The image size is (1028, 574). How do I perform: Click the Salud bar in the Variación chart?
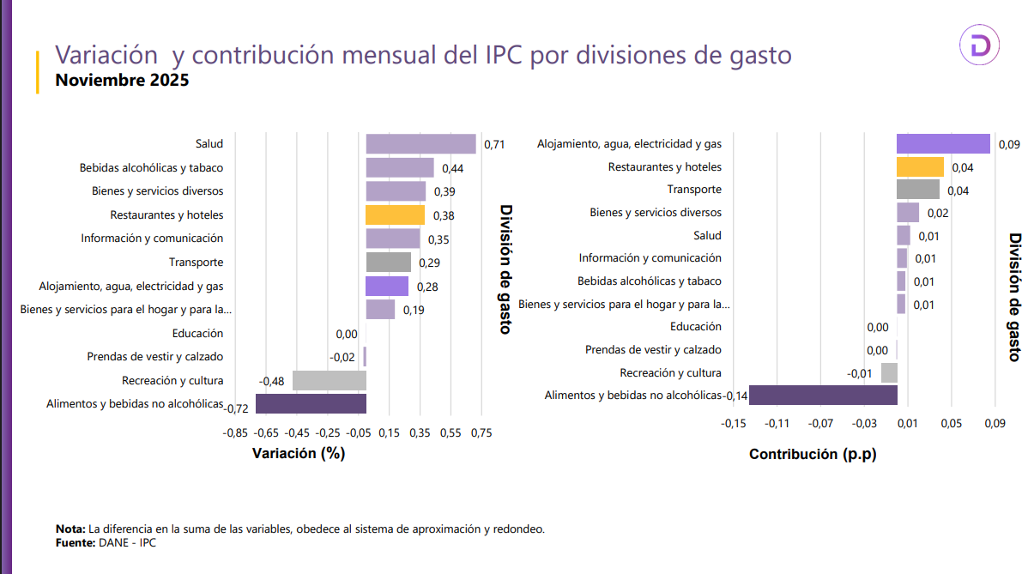(420, 144)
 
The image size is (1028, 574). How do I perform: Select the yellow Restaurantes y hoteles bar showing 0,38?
(395, 214)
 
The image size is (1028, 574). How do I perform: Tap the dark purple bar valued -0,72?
(311, 403)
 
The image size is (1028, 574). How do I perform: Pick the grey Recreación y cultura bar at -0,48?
(330, 380)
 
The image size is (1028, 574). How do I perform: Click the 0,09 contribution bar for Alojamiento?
(943, 143)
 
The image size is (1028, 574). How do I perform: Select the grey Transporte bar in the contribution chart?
(917, 190)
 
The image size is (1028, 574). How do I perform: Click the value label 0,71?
(494, 145)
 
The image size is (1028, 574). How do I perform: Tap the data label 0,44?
(452, 168)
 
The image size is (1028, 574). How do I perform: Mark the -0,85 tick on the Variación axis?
(235, 433)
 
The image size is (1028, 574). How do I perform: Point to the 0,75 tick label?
(481, 433)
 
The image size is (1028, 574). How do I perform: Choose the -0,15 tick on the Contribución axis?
(734, 423)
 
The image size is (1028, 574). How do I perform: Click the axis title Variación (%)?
(299, 454)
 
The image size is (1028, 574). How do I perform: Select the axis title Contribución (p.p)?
(813, 455)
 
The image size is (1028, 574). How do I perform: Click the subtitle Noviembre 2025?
(122, 81)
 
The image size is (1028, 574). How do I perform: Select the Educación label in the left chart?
(197, 333)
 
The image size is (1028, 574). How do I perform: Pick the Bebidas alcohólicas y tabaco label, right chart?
(649, 281)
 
